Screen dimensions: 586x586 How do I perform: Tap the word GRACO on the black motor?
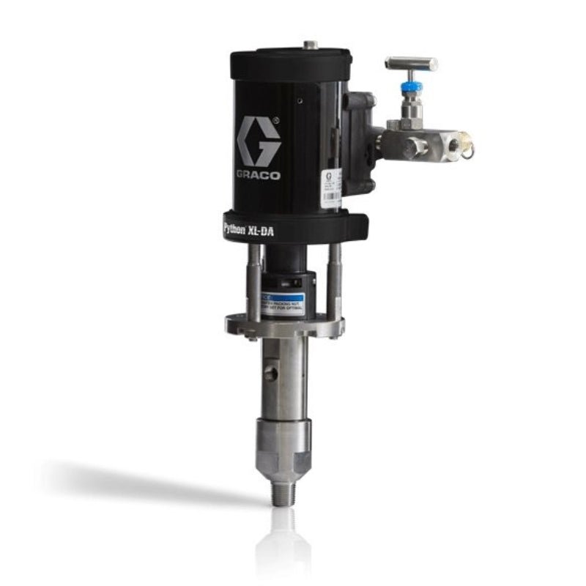pyautogui.click(x=258, y=174)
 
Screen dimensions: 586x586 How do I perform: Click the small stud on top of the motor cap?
pyautogui.click(x=311, y=45)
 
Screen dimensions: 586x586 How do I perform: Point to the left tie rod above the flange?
pyautogui.click(x=253, y=282)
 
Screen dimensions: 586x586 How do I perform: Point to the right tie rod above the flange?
pyautogui.click(x=334, y=282)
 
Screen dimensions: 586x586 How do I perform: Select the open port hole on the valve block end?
pyautogui.click(x=455, y=145)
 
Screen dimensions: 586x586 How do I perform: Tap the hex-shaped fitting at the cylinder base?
pyautogui.click(x=283, y=461)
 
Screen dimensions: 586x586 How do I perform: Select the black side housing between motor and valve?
pyautogui.click(x=359, y=144)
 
